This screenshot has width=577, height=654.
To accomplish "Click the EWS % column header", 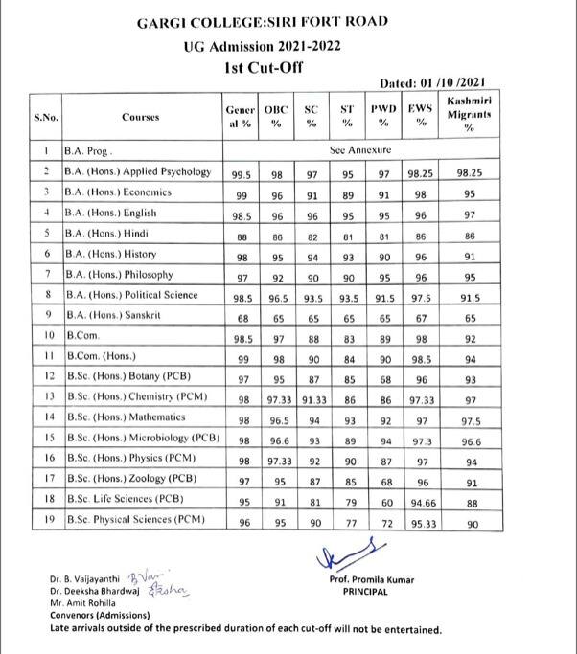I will pyautogui.click(x=419, y=117).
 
